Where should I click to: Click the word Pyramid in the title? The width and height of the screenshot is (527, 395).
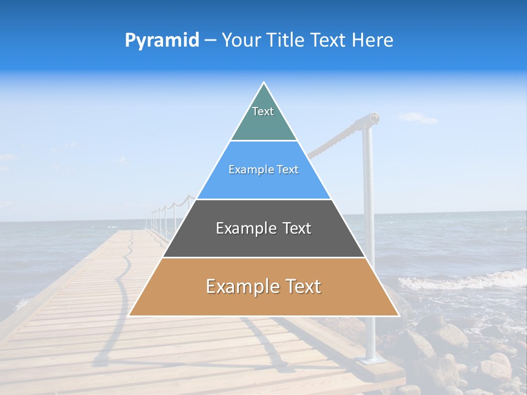161,41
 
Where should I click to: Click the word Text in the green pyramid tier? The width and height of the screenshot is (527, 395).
263,111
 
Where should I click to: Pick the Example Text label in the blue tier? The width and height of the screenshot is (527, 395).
263,170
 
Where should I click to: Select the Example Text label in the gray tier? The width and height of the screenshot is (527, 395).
263,228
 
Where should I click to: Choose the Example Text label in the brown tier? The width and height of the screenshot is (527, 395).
263,286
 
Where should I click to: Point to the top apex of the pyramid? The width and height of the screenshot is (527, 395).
264,83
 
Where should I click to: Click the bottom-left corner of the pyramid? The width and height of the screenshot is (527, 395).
130,315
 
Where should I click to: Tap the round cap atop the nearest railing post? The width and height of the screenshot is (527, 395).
374,117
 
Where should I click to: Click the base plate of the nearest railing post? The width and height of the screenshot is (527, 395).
368,360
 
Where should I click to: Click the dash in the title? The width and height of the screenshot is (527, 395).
210,41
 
